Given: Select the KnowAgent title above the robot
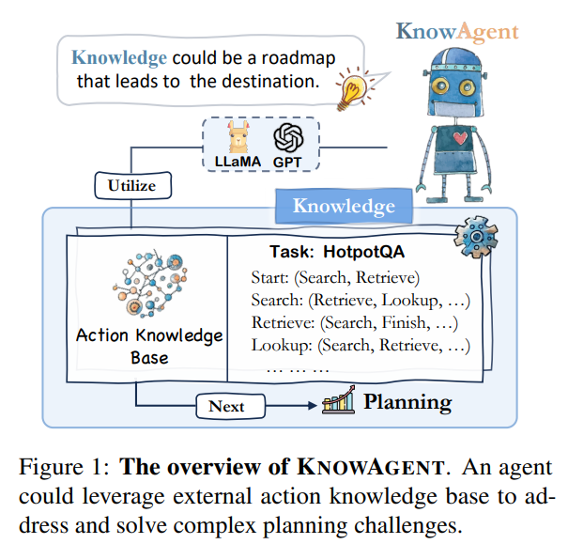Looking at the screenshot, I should tap(456, 31).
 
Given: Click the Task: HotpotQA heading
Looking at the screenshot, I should tap(329, 252).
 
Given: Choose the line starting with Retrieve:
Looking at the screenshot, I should tap(354, 323).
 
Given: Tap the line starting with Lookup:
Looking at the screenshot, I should tap(360, 346).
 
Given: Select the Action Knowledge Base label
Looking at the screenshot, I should tap(149, 346).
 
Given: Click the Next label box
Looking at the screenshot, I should tap(226, 406).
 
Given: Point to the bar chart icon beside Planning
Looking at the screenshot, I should tap(338, 401).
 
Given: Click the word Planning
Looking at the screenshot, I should tap(407, 403).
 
